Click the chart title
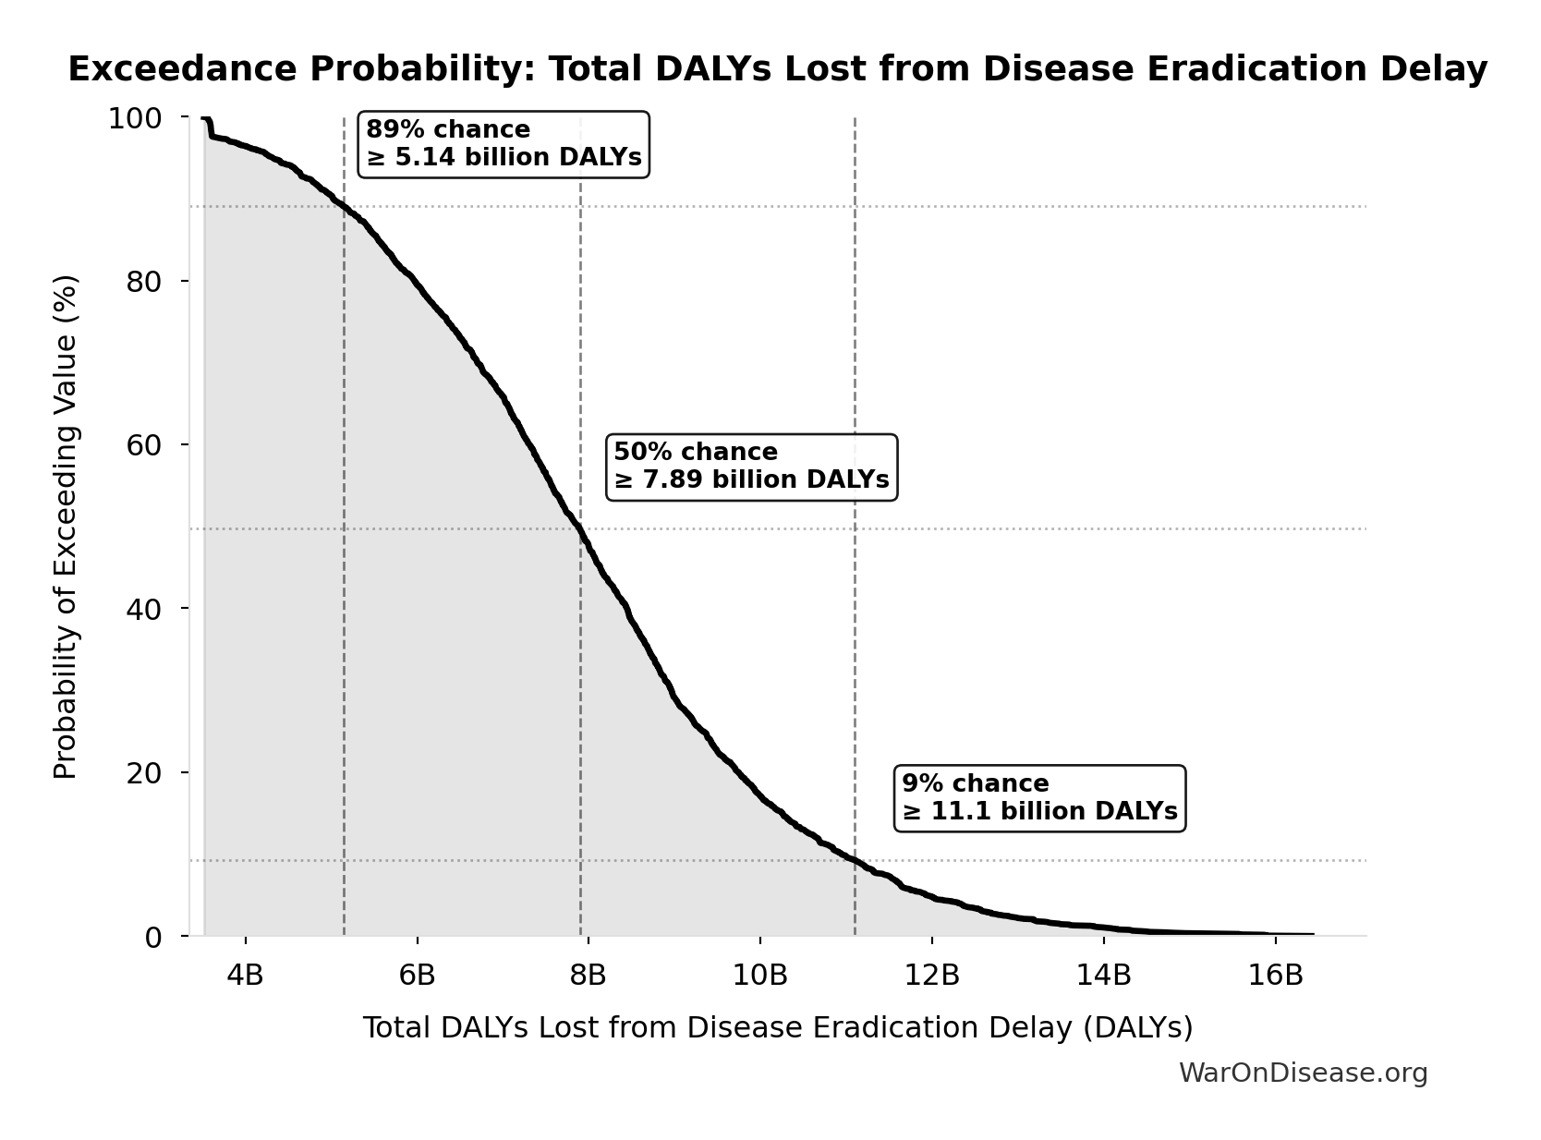point(778,69)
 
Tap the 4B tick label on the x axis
point(245,975)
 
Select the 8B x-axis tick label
point(588,975)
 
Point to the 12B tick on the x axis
point(931,975)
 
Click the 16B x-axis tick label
point(1275,975)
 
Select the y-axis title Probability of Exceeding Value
point(65,527)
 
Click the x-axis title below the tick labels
point(778,1027)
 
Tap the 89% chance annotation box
point(504,144)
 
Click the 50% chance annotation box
point(751,467)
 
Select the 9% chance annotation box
point(1039,798)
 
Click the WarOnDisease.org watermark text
point(1303,1073)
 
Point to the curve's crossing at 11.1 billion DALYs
point(855,860)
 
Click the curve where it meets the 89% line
point(344,206)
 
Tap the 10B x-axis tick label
point(759,975)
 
